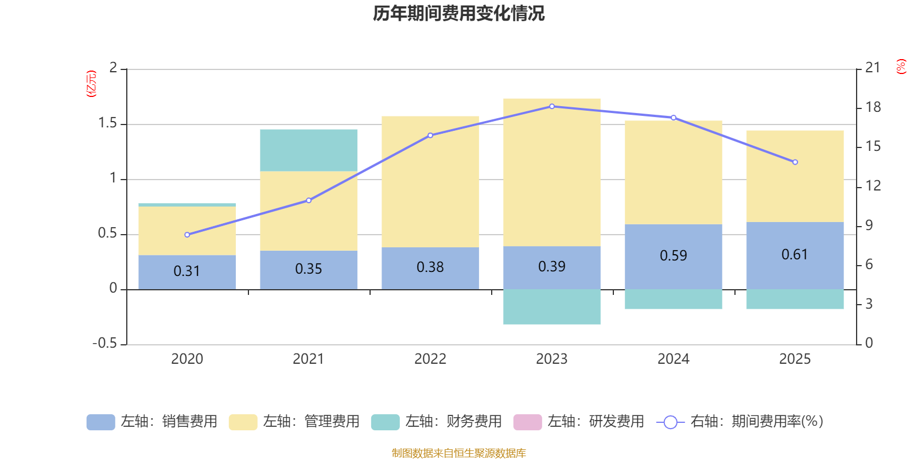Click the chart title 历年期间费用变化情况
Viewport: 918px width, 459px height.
tap(458, 13)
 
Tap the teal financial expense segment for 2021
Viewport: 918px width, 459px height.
tap(308, 150)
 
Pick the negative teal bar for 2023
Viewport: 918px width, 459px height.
tap(551, 307)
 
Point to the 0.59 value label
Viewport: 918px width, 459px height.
tap(673, 255)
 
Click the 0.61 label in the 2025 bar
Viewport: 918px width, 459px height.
tap(795, 254)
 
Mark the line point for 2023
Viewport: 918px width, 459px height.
tap(552, 106)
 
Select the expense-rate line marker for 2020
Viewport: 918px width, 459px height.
tap(187, 235)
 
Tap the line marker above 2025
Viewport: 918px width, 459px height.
tap(795, 162)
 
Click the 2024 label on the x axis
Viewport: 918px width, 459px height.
tap(673, 359)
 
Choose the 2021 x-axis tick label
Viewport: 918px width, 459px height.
tap(308, 359)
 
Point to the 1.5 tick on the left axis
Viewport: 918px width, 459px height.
tap(107, 123)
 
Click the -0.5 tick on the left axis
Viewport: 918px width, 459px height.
tap(104, 343)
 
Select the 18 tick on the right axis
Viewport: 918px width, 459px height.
tap(873, 107)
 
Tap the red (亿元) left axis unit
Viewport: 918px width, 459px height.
tap(91, 84)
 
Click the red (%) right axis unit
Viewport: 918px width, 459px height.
tap(901, 67)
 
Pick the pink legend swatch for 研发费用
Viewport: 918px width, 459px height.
tap(527, 422)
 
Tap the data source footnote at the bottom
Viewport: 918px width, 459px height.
tap(458, 453)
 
